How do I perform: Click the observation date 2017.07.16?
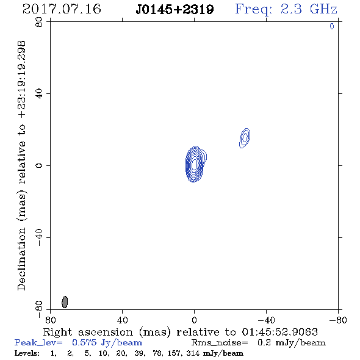coord(62,9)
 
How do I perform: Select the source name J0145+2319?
coord(175,10)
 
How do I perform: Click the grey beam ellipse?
coord(65,302)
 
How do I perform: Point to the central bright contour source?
coord(195,164)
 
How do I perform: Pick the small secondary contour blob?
coord(245,138)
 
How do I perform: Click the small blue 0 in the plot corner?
coord(332,26)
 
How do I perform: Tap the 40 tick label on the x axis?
coord(122,320)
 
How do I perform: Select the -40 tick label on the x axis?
coord(266,320)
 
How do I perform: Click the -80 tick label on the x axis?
coord(338,320)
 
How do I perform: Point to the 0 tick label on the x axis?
coord(194,320)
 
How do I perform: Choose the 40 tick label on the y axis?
coord(39,94)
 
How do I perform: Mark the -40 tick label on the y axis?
coord(39,237)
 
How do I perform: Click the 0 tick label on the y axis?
coord(39,165)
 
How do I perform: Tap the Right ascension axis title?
coord(180,332)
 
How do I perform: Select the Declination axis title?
coord(21,165)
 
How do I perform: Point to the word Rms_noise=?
coord(220,343)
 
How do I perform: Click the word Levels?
coord(27,353)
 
